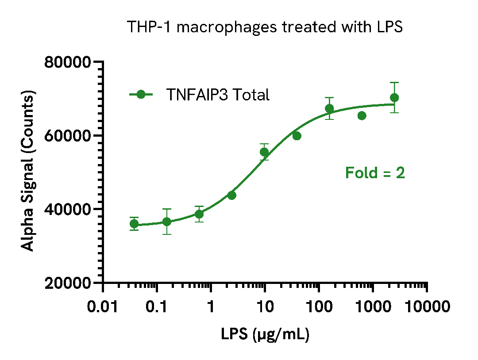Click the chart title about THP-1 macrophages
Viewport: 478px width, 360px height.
[x=265, y=27]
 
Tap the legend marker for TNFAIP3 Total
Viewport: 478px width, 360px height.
[x=141, y=94]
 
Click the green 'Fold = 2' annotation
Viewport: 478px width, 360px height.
[x=375, y=173]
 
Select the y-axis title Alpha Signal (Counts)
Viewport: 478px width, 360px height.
[x=28, y=172]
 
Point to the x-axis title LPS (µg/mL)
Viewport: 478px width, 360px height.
[x=265, y=334]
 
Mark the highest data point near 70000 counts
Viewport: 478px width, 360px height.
[x=394, y=98]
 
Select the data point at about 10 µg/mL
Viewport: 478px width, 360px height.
[x=264, y=152]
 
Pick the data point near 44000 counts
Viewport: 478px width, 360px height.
[x=231, y=195]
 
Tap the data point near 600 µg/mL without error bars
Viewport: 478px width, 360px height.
[x=362, y=116]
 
